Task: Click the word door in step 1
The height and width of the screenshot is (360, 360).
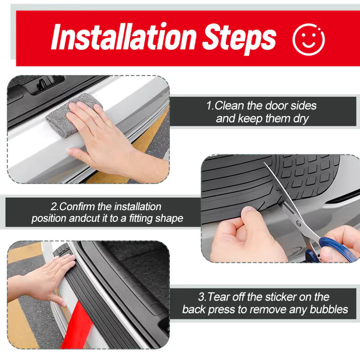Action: pyautogui.click(x=277, y=106)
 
